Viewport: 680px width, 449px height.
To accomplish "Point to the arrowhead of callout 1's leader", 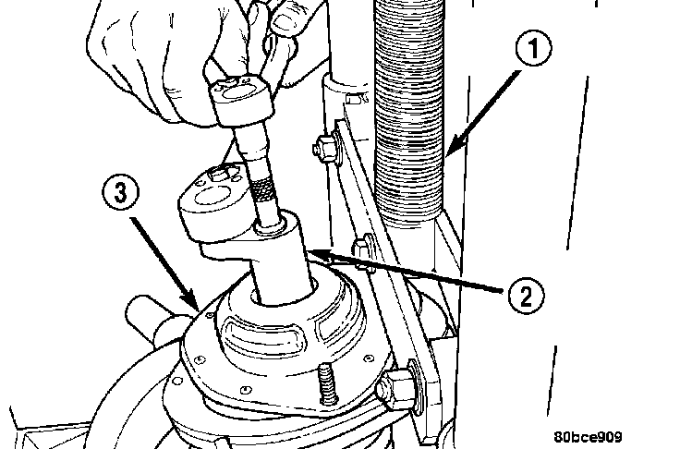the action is (446, 153).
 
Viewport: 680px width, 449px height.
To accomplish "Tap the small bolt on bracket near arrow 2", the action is (367, 248).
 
